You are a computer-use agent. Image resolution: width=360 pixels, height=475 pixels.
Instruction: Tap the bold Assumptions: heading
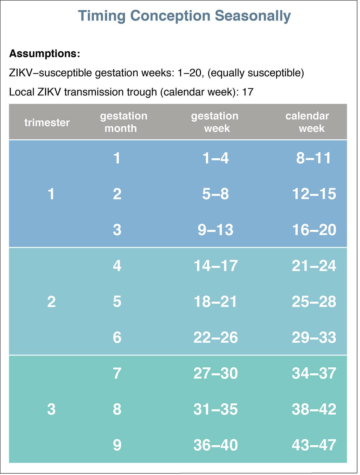pos(45,54)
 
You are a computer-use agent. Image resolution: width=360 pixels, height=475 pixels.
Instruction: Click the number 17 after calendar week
pos(248,92)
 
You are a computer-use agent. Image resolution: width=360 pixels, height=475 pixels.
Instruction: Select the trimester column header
pos(47,122)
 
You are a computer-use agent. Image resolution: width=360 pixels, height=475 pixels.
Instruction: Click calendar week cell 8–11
pos(314,158)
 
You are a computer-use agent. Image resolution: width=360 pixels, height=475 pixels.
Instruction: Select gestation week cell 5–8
pos(215,194)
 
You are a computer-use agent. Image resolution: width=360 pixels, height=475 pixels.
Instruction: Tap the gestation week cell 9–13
pos(215,230)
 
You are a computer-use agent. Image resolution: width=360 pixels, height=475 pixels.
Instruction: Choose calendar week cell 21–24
pos(314,266)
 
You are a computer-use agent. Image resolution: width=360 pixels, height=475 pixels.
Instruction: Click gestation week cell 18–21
pos(215,302)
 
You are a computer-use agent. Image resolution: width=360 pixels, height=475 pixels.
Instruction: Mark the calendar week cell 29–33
pos(314,338)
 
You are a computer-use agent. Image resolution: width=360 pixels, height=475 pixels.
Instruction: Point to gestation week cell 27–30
pos(215,373)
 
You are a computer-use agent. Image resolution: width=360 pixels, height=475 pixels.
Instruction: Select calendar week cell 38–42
pos(314,409)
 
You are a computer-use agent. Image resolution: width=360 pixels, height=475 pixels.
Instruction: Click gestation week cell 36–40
pos(215,445)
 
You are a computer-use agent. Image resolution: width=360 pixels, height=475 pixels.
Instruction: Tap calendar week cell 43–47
pos(314,445)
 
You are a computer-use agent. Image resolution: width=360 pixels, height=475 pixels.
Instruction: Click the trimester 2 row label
pos(51,302)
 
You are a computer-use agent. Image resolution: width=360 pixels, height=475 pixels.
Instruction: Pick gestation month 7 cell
pos(117,373)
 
